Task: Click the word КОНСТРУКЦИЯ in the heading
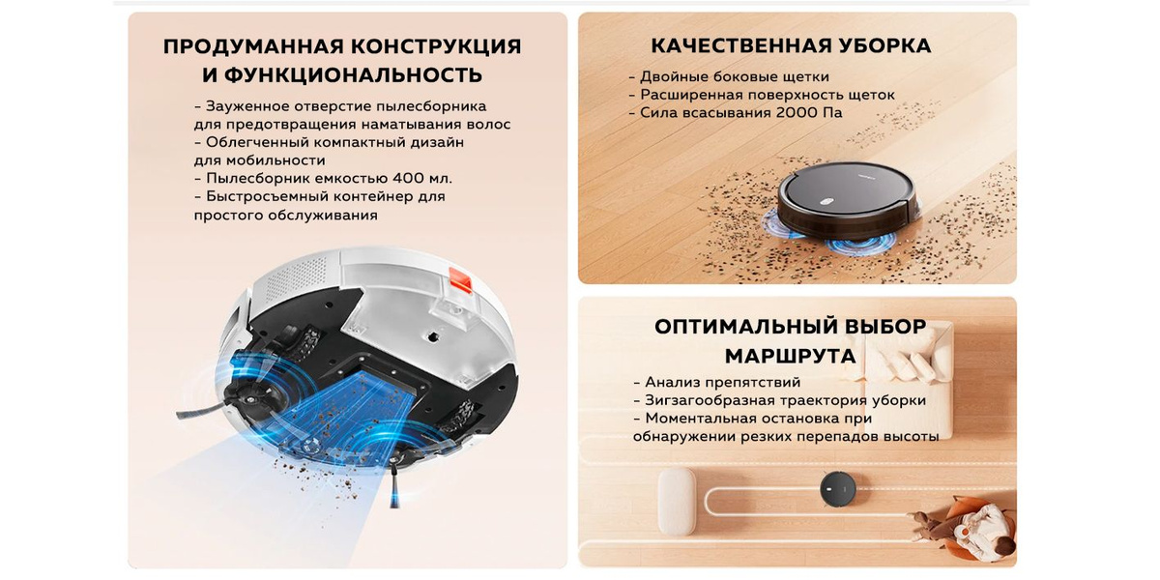coord(436,46)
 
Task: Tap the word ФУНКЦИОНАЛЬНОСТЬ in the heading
coord(342,75)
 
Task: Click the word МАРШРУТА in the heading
coord(791,357)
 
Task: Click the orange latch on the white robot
coord(460,280)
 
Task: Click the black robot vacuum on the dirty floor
coord(848,204)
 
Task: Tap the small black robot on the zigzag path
coord(837,489)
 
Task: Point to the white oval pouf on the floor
coord(677,501)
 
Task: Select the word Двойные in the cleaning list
coord(675,77)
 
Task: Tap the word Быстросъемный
coord(266,197)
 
